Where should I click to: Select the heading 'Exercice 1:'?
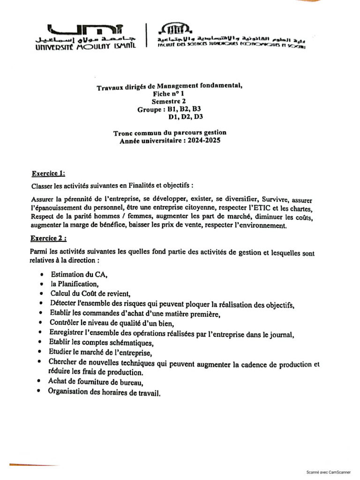pyautogui.click(x=48, y=173)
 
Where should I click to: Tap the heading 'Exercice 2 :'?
pyautogui.click(x=49, y=238)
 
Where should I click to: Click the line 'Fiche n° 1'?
pyautogui.click(x=169, y=94)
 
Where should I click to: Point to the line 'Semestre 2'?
pyautogui.click(x=169, y=101)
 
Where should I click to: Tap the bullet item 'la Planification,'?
pyautogui.click(x=75, y=284)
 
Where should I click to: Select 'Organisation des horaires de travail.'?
pyautogui.click(x=104, y=392)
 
